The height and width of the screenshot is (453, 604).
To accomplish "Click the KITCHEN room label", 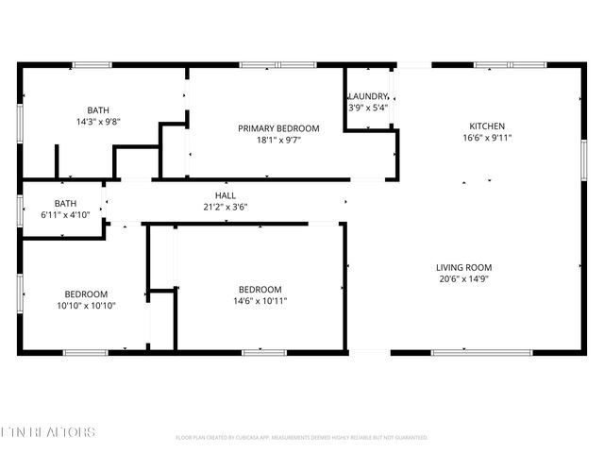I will pos(488,126).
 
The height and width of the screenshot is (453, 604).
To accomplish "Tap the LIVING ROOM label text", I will pos(462,267).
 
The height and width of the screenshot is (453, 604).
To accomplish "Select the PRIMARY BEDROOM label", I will pos(277,128).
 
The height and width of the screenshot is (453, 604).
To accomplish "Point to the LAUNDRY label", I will pos(368,96).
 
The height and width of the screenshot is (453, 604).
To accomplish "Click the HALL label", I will pos(225,195).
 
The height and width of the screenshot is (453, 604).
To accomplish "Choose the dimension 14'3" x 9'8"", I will pos(98,122).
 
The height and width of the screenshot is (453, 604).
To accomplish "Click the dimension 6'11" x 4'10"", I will pos(65,214).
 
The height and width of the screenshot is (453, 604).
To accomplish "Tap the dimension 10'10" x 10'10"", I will pos(86,305).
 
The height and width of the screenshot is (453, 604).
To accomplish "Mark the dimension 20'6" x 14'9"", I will pos(462,278).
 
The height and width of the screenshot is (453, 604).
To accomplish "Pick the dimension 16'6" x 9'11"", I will pos(488,138).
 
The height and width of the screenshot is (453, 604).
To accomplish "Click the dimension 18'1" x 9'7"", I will pos(277,140).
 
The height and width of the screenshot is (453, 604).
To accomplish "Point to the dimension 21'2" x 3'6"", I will pos(225,207).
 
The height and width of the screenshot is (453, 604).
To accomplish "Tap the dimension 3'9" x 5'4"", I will pos(368,108).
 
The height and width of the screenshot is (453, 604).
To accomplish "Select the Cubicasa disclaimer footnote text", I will pos(302,438).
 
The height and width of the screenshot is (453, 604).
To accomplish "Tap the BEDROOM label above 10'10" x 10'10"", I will pos(86,294).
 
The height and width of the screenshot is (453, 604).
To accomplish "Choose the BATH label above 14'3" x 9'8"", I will pos(98,110).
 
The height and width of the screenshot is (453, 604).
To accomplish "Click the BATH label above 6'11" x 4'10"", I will pos(65,203).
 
